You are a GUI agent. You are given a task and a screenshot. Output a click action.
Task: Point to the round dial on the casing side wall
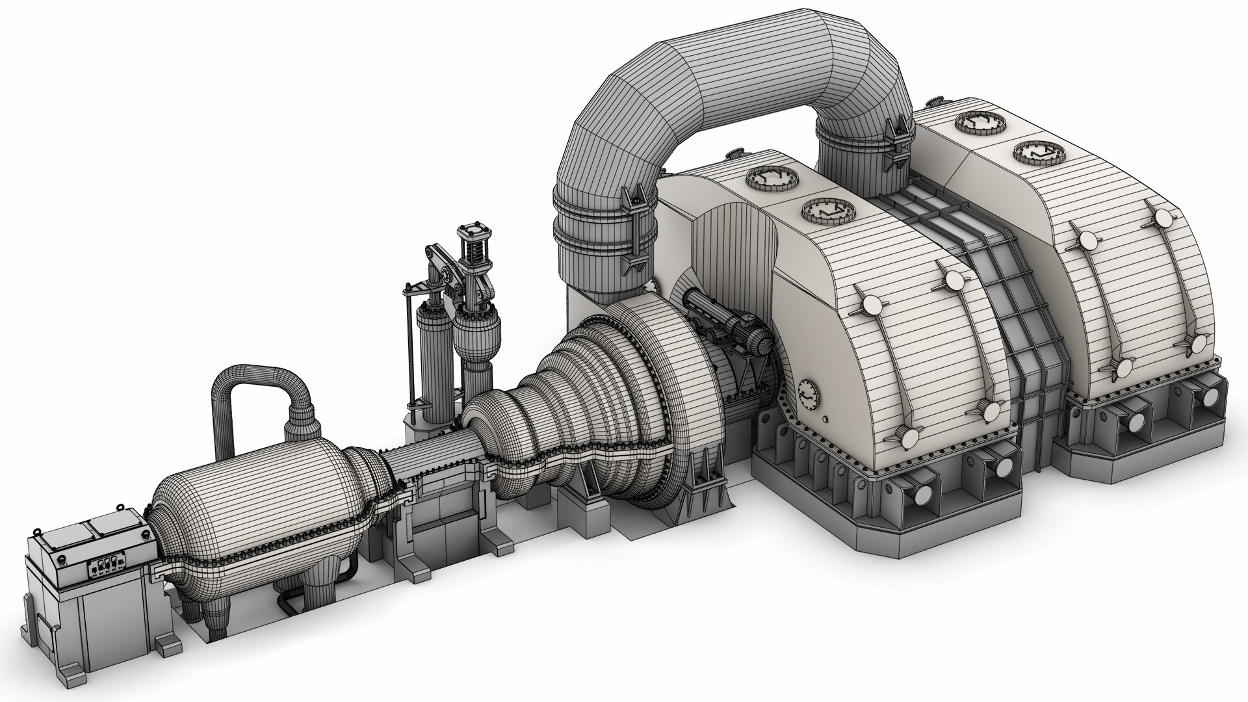(x=809, y=393)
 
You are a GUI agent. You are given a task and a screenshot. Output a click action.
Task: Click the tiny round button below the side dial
(x=825, y=417)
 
